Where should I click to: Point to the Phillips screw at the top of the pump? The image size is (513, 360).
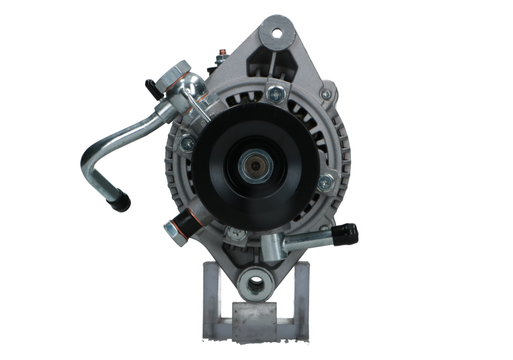(276, 94)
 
